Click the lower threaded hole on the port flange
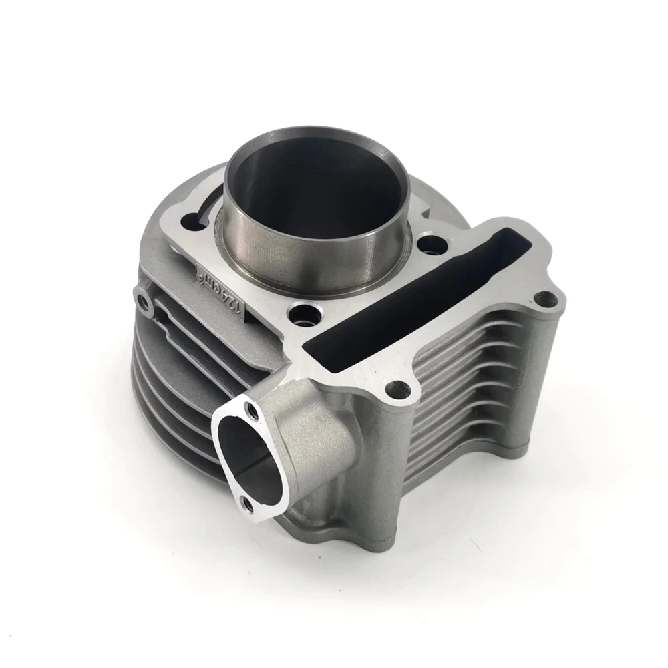[245, 502]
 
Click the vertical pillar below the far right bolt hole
[548, 374]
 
